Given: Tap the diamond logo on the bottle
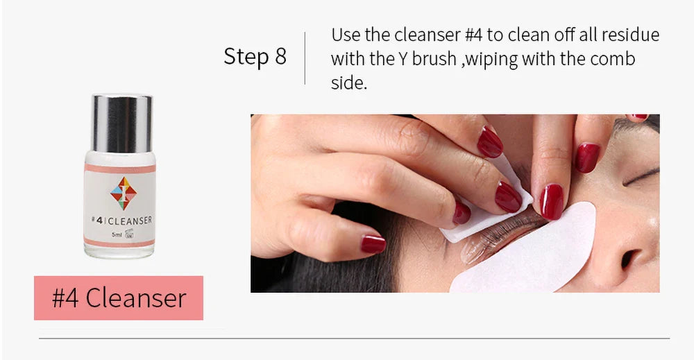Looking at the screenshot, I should [x=121, y=193].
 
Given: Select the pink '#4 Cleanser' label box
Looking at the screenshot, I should [x=119, y=298].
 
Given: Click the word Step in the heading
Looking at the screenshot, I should [x=245, y=57].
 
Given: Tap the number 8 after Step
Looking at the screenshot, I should [x=280, y=57].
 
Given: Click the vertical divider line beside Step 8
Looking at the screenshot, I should [x=305, y=58].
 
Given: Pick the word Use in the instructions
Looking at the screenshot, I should [x=345, y=35].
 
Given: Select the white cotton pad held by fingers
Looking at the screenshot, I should [x=486, y=208].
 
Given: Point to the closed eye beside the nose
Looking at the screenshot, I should [x=641, y=177].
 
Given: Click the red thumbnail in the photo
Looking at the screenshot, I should [x=373, y=243].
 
